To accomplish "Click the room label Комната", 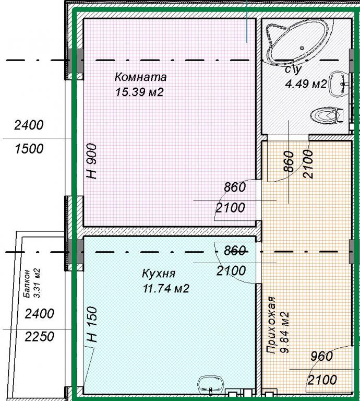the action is [x=140, y=77].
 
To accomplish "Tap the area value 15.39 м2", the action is [x=139, y=92].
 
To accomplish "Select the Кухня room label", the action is [x=159, y=274].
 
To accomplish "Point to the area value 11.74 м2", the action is [x=166, y=288].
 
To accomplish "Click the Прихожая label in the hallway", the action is [x=271, y=325].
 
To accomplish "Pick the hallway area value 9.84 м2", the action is [x=285, y=332].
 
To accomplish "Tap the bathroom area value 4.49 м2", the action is [x=306, y=84].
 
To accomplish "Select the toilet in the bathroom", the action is [x=326, y=116].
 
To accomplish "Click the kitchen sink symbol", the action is [x=211, y=387].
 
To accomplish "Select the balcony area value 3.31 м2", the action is [x=37, y=283].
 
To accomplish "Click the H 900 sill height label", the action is [x=92, y=161].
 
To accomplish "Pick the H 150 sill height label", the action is [x=92, y=325].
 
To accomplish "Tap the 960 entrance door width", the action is [x=322, y=356].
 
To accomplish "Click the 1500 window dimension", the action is [x=29, y=149].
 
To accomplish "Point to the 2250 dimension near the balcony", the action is [x=40, y=337].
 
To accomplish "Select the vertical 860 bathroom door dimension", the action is [x=289, y=161].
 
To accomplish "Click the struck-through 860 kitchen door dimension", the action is [x=235, y=250].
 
